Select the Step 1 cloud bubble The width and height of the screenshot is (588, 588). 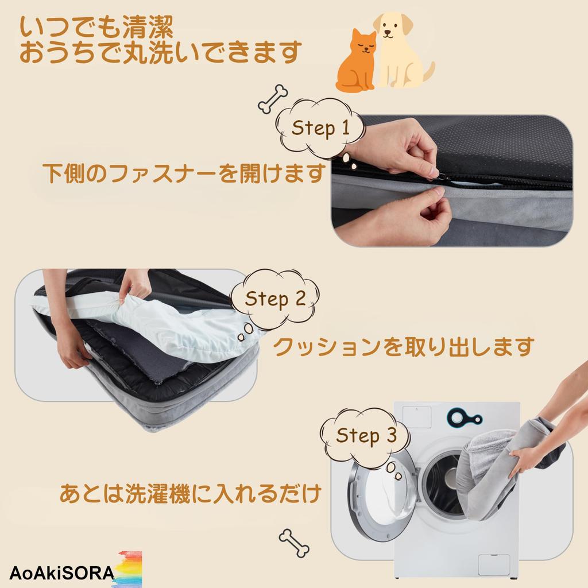(320, 128)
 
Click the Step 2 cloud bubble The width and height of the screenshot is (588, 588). (274, 299)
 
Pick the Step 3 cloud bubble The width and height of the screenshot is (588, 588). (366, 435)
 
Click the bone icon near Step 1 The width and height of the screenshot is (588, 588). (273, 98)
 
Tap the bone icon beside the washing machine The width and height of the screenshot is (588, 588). (294, 543)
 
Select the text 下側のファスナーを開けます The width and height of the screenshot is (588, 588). (184, 173)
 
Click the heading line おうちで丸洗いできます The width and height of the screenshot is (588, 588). (160, 52)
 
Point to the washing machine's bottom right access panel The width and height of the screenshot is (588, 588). (493, 564)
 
